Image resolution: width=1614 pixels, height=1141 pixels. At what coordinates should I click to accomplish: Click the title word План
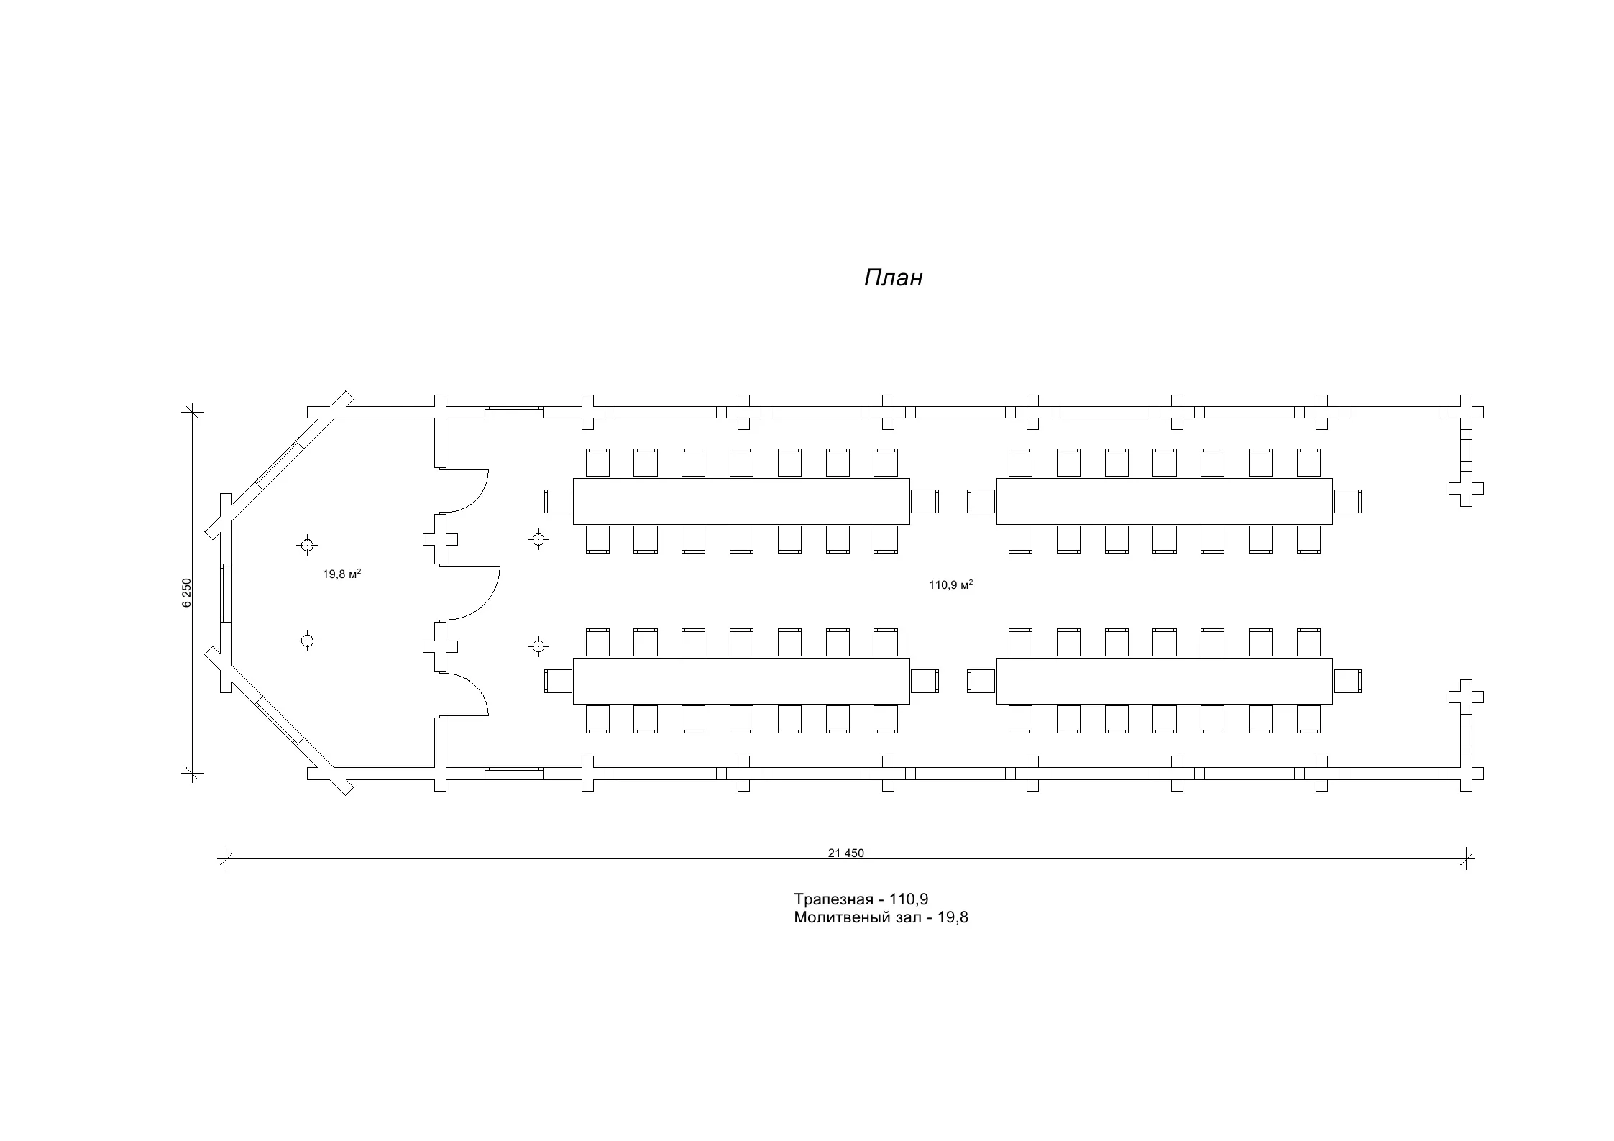[x=893, y=278]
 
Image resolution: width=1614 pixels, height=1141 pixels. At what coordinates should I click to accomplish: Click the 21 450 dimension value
[x=845, y=853]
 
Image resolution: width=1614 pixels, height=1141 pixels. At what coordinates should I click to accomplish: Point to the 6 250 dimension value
[x=187, y=593]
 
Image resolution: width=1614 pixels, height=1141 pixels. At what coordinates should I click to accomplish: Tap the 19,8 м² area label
[x=341, y=574]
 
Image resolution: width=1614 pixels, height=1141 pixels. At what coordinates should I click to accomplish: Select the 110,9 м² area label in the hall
[x=950, y=585]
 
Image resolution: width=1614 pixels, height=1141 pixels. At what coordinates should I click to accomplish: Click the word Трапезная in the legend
[x=834, y=899]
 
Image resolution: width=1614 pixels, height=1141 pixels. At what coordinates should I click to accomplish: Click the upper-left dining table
[x=740, y=501]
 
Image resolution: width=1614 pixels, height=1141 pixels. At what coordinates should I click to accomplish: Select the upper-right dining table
[x=1164, y=501]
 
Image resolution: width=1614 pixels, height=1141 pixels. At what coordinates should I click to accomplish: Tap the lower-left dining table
[x=740, y=681]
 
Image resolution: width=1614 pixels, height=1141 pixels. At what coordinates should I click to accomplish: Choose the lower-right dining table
[x=1164, y=681]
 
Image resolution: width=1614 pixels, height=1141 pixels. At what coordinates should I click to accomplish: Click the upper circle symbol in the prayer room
[x=307, y=545]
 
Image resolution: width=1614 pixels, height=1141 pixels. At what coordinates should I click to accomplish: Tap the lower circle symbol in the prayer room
[x=307, y=641]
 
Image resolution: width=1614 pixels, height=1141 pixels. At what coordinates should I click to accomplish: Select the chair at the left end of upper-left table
[x=558, y=501]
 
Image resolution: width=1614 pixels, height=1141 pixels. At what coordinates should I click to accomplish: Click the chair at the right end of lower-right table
[x=1348, y=681]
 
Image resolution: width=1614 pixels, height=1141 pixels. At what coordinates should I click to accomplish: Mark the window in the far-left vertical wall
[x=226, y=593]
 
